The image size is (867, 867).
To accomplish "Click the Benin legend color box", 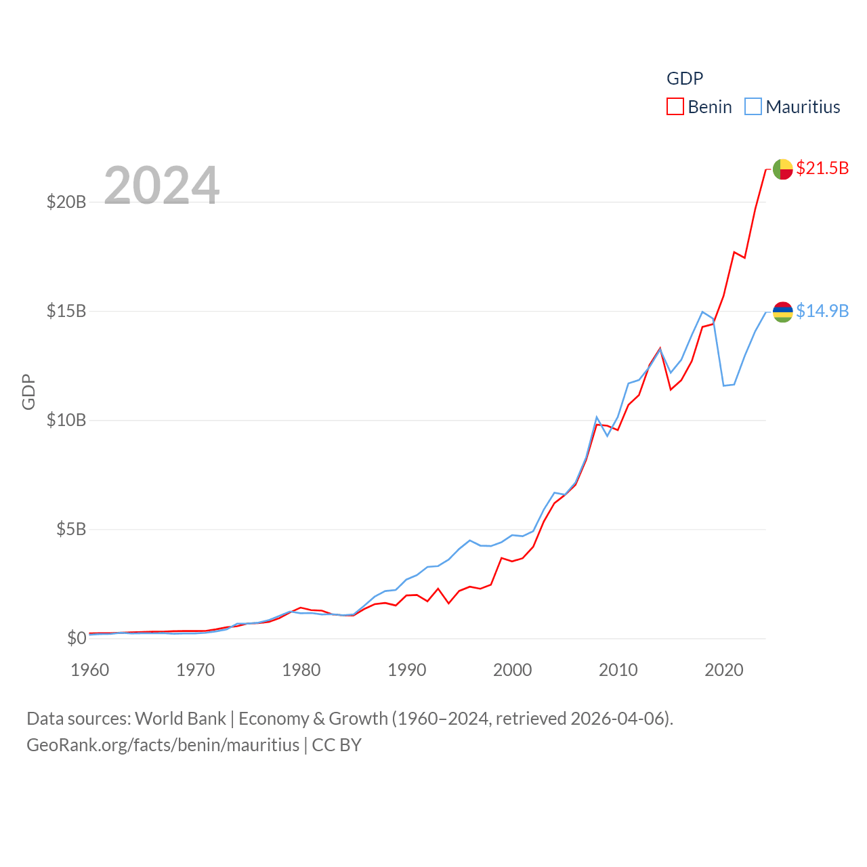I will pos(675,107).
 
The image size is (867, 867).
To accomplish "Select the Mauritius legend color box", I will pos(753,107).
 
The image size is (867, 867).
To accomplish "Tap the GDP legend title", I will pos(685,79).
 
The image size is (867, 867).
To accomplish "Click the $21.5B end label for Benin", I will pos(822,168).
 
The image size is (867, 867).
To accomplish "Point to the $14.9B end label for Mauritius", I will pos(822,311).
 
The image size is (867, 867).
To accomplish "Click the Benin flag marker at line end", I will pos(783,169).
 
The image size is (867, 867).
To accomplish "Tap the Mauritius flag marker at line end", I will pos(783,312).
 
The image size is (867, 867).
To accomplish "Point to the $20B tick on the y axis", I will pos(66,202).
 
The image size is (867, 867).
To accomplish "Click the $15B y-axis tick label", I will pos(66,311).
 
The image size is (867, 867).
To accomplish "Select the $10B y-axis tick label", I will pos(66,420).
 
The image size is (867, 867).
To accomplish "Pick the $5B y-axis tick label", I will pos(71,529).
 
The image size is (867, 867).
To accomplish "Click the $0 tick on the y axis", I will pos(77,638).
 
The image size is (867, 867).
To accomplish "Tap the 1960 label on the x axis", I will pos(90,670).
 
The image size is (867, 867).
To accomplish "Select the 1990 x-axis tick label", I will pos(407,670).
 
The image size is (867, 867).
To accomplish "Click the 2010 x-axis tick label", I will pos(618,670).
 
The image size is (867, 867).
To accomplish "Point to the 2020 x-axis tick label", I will pos(724,670).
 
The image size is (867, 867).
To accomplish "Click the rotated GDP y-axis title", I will pos(28,392).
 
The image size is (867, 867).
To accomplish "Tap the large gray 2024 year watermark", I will pos(162,185).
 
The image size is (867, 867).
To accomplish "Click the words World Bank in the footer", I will pos(180,719).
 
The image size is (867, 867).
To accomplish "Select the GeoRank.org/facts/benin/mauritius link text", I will pos(163,745).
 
